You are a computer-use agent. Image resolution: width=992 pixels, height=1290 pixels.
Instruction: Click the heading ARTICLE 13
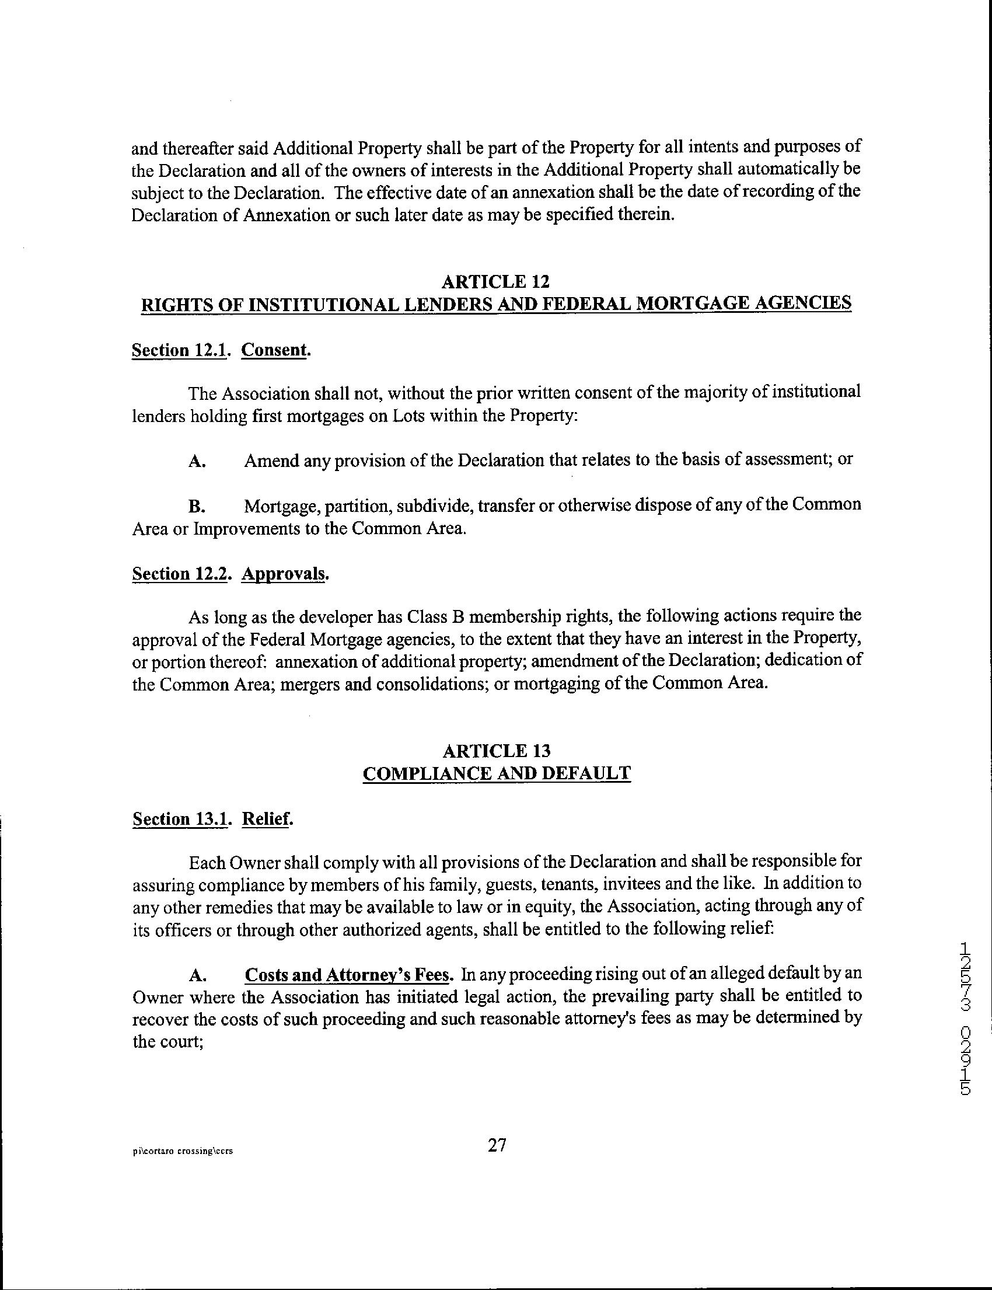(496, 751)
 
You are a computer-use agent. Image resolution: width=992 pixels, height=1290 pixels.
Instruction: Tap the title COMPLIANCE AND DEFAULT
(496, 773)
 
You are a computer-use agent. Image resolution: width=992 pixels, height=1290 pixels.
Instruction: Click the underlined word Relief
(266, 818)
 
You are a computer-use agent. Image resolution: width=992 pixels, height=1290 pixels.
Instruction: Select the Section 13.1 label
(180, 818)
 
